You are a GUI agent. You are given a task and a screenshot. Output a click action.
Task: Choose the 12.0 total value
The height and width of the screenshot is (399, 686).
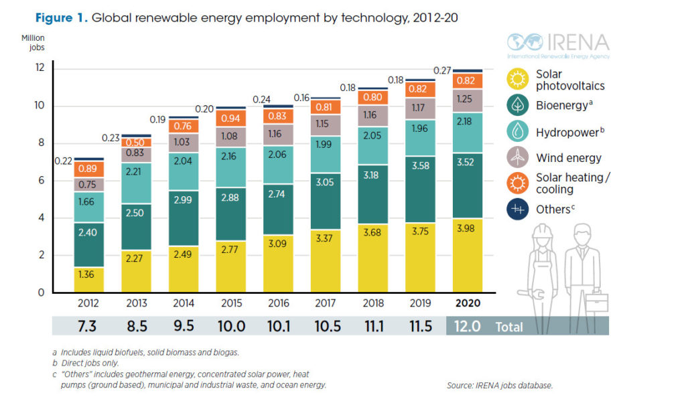(466, 327)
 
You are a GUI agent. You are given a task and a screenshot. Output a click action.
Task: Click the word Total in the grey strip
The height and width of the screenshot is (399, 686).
(510, 327)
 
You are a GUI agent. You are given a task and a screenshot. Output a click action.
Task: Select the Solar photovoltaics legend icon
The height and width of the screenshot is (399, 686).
(517, 80)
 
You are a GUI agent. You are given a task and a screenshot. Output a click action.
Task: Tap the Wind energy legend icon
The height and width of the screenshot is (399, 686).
(517, 158)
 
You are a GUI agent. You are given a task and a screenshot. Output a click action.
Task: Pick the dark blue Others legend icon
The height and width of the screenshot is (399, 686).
(517, 210)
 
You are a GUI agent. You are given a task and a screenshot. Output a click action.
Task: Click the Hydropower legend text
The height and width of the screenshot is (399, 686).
(570, 132)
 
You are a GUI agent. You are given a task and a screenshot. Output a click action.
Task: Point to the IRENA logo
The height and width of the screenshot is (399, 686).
(558, 44)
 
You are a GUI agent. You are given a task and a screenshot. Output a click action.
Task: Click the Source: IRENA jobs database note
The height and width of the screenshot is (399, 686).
(500, 386)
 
